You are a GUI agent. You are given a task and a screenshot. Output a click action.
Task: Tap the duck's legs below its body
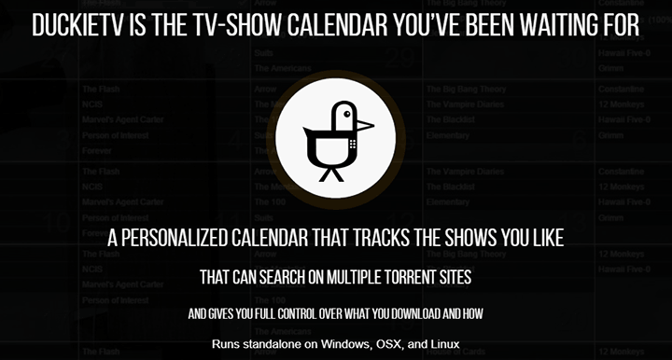(x=330, y=172)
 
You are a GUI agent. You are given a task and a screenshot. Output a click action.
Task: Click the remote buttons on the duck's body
(x=352, y=145)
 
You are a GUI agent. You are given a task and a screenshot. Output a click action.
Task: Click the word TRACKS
(x=381, y=238)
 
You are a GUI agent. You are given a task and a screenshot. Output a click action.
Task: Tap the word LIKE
(x=543, y=238)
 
